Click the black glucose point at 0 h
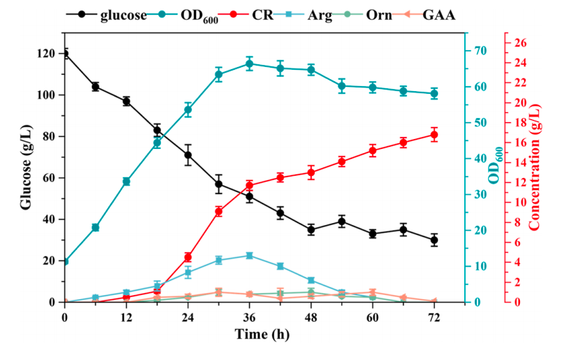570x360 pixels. point(65,54)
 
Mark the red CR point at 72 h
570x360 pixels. point(434,135)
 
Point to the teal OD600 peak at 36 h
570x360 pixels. point(249,64)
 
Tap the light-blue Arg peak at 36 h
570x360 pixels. point(249,256)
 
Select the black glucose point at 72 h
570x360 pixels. point(434,240)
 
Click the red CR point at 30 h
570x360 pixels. point(219,211)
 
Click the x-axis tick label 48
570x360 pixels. point(311,317)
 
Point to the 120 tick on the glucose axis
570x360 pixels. point(48,54)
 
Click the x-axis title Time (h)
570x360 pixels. point(249,333)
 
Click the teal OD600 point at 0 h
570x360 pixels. point(65,261)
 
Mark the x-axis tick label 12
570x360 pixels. point(126,317)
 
